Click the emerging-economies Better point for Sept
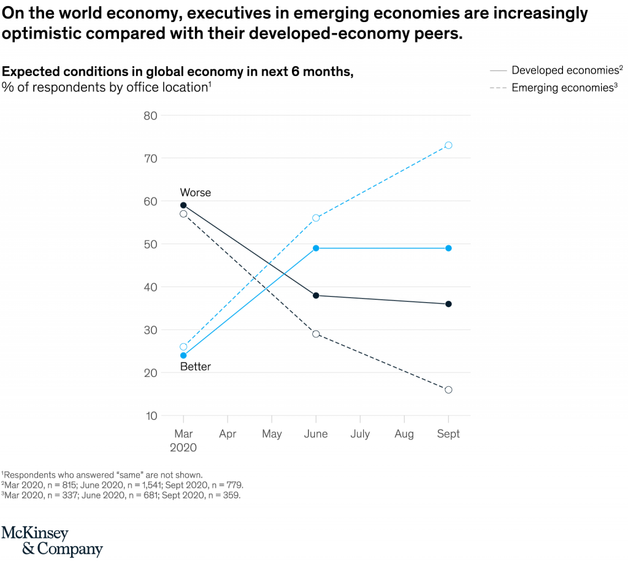tap(448, 145)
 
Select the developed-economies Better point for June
tap(316, 248)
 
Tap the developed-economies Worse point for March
tap(183, 205)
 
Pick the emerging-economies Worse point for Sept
tap(448, 390)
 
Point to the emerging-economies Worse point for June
tap(316, 334)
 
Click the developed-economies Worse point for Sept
tap(448, 304)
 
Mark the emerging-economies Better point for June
tap(316, 218)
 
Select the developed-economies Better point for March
tap(183, 356)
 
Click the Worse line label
tap(195, 193)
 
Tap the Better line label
tap(195, 367)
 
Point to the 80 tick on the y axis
tap(150, 115)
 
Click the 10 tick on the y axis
tap(150, 416)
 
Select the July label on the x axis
tap(360, 434)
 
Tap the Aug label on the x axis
tap(404, 434)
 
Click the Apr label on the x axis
tap(228, 434)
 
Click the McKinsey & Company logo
tap(52, 541)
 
